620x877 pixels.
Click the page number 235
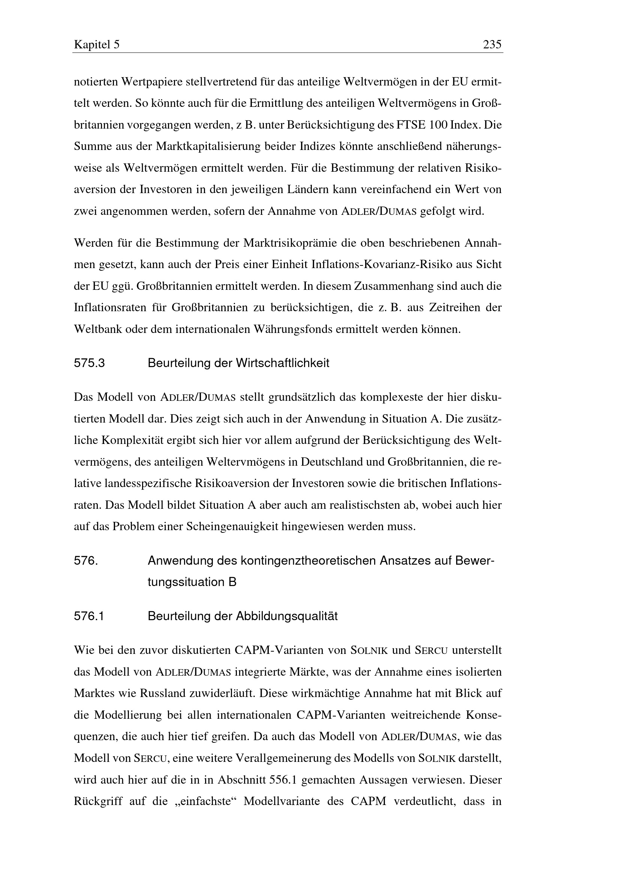pos(492,45)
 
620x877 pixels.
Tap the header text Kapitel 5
pos(97,45)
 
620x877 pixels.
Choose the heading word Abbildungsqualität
pos(287,616)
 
